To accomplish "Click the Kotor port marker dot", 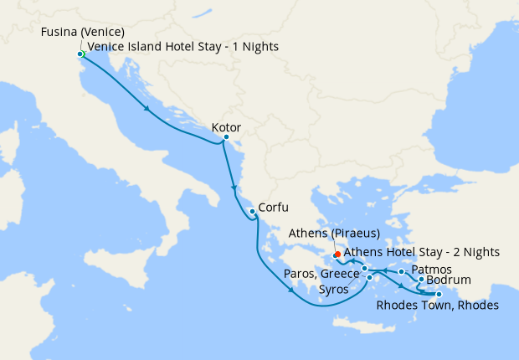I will pyautogui.click(x=226, y=137).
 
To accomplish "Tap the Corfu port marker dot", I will pyautogui.click(x=252, y=212).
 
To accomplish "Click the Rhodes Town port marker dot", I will pyautogui.click(x=439, y=294).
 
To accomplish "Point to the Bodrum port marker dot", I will pyautogui.click(x=420, y=280).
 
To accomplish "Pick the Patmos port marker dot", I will pyautogui.click(x=402, y=272).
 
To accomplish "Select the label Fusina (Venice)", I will pyautogui.click(x=82, y=33).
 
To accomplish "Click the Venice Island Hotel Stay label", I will pyautogui.click(x=183, y=47).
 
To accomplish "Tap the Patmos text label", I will pyautogui.click(x=432, y=270).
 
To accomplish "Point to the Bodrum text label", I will pyautogui.click(x=449, y=280).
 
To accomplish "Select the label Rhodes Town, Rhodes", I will pyautogui.click(x=437, y=306).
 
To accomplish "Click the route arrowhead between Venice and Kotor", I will pyautogui.click(x=148, y=109).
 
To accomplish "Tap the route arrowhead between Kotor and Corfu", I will pyautogui.click(x=234, y=192).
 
